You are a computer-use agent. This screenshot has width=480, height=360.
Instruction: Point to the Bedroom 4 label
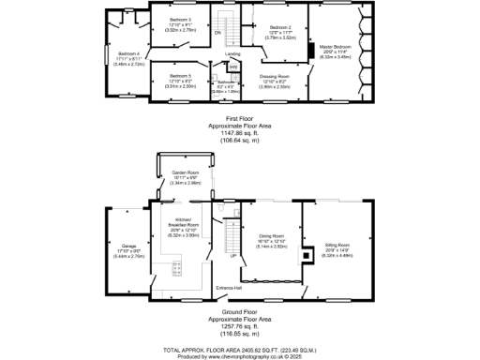(123, 53)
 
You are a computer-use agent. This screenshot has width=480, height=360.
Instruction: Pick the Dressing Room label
(274, 75)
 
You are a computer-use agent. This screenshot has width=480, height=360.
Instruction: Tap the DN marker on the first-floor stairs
(217, 33)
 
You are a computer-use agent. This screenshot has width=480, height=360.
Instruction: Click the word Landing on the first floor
(233, 54)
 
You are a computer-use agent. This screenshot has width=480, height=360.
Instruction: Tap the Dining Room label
(270, 237)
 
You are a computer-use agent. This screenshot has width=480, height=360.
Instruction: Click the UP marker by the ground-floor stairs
(232, 255)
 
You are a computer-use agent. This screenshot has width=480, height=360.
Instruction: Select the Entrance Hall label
(229, 288)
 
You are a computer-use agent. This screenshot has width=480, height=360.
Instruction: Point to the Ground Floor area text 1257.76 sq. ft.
(240, 326)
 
